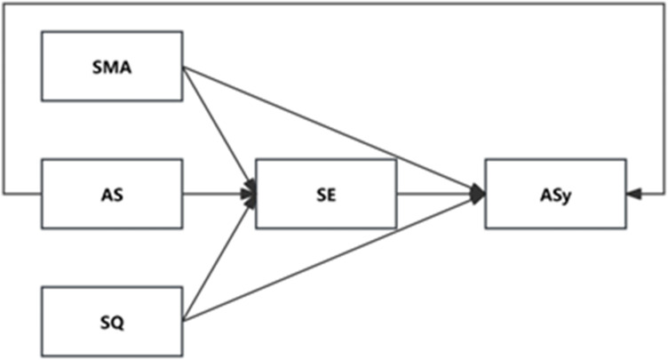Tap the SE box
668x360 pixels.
(x=326, y=193)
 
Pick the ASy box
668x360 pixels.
(x=555, y=193)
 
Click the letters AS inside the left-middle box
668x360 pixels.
(x=112, y=194)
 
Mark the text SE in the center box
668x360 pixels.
(x=326, y=194)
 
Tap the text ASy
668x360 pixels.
(x=556, y=194)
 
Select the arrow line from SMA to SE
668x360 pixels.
(x=218, y=124)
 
